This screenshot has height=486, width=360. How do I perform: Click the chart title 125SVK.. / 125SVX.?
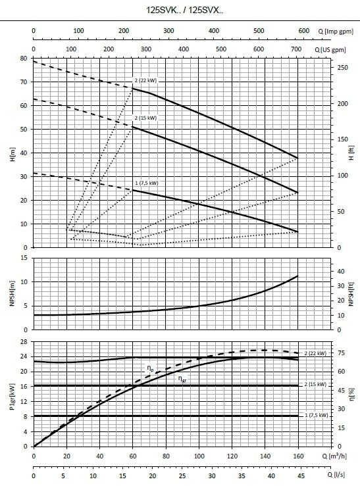(184, 11)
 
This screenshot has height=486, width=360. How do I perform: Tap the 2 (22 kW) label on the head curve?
(145, 81)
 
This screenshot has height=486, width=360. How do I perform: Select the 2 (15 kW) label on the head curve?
(145, 118)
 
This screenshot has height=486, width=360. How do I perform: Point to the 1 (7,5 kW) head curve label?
(147, 183)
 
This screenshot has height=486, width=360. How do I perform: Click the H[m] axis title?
(13, 155)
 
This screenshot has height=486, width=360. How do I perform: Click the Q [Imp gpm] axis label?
(336, 32)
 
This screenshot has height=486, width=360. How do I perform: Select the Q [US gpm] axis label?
(330, 50)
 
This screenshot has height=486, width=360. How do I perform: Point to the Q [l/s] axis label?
(336, 474)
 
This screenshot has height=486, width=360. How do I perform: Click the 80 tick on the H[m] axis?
(24, 59)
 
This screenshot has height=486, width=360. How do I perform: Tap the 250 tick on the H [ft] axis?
(343, 68)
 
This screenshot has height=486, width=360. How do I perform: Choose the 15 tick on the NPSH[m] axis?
(24, 258)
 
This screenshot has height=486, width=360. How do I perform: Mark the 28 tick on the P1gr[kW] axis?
(24, 341)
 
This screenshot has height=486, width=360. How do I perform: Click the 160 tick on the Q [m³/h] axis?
(298, 456)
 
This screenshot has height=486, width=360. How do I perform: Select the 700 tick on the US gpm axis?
(296, 49)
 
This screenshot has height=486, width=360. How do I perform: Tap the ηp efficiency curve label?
(151, 368)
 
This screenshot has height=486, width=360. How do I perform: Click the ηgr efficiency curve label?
(182, 379)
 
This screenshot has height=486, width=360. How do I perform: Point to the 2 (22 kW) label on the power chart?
(315, 353)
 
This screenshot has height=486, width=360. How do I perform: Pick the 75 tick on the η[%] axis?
(341, 353)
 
